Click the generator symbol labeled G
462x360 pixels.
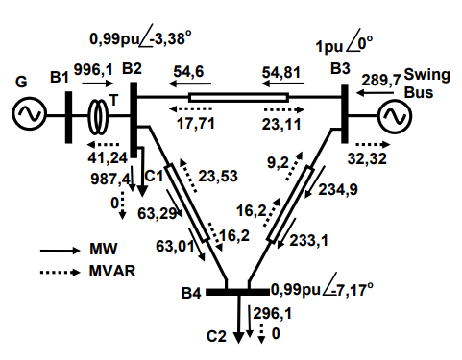pos(29,115)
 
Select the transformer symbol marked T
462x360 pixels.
pos(98,117)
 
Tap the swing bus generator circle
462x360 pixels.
pos(394,116)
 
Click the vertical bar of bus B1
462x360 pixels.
pos(68,117)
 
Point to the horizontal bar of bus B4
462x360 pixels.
pos(237,292)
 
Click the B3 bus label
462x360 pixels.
pos(340,68)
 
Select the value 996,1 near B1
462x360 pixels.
pos(93,69)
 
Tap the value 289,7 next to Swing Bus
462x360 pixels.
pos(381,80)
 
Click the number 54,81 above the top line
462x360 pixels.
pos(281,73)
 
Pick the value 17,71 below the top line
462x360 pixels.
pos(196,124)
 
